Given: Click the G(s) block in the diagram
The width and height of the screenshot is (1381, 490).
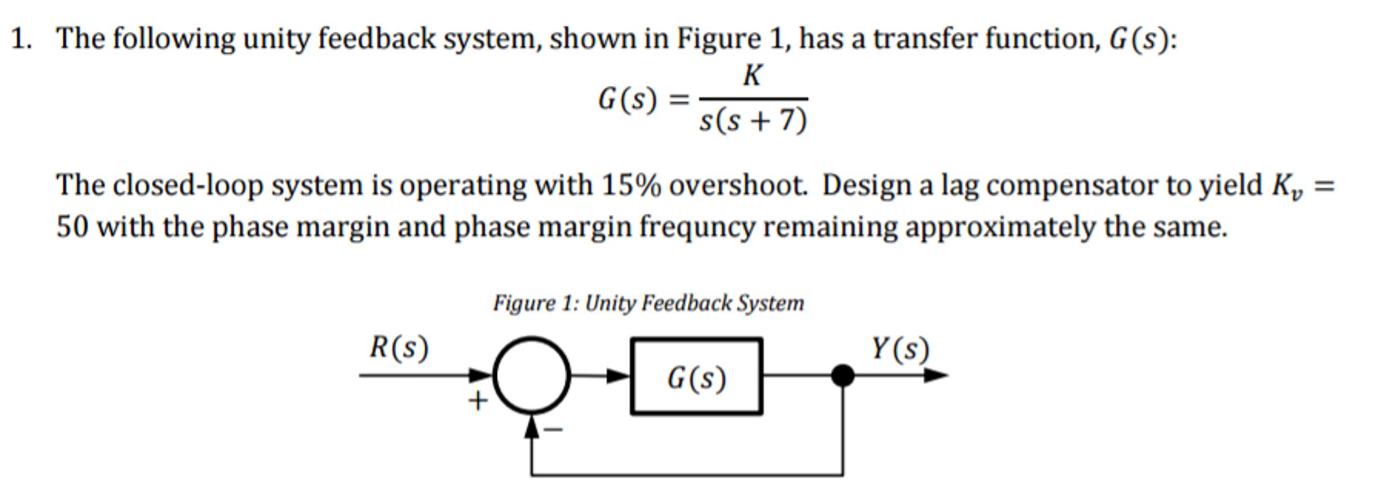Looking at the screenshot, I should (x=697, y=376).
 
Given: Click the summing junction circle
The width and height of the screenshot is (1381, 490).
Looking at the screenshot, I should (x=531, y=376).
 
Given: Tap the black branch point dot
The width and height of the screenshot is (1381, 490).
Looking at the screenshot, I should (x=842, y=375).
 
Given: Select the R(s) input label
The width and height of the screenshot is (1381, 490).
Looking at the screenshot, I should (x=398, y=348).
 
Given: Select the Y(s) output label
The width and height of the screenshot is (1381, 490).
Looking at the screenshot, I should (x=900, y=349).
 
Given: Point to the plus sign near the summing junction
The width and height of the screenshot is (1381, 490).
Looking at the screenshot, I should (x=477, y=401).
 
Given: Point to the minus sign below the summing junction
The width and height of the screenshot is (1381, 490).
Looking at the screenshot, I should (x=554, y=429).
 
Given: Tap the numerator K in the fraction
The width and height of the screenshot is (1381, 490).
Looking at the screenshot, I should (x=752, y=76).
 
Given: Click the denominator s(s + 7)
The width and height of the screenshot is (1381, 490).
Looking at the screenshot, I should (x=753, y=121).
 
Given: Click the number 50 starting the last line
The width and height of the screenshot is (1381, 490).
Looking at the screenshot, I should (x=72, y=226).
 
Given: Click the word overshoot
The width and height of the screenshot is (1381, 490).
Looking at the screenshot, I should (x=738, y=185).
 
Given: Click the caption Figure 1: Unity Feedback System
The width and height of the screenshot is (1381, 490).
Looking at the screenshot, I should (x=648, y=303).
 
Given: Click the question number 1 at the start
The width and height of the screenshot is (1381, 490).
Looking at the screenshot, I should (x=20, y=39).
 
